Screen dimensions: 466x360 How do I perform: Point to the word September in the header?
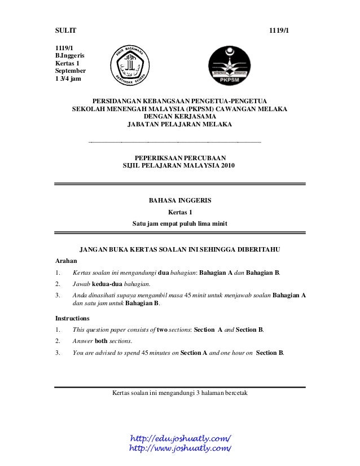tap(70, 71)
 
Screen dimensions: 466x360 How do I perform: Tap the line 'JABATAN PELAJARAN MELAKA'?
tap(179, 124)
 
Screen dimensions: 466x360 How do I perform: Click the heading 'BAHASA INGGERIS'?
tap(179, 200)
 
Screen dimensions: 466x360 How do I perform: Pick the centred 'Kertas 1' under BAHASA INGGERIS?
tap(180, 212)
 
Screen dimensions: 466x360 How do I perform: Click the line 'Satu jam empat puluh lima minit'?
tap(179, 223)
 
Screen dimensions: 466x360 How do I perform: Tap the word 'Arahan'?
tap(65, 261)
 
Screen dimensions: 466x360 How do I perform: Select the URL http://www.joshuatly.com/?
tap(181, 448)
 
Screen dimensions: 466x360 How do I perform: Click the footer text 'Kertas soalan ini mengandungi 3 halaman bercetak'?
tap(180, 392)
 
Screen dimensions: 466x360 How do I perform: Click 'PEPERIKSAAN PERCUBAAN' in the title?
tap(179, 157)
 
